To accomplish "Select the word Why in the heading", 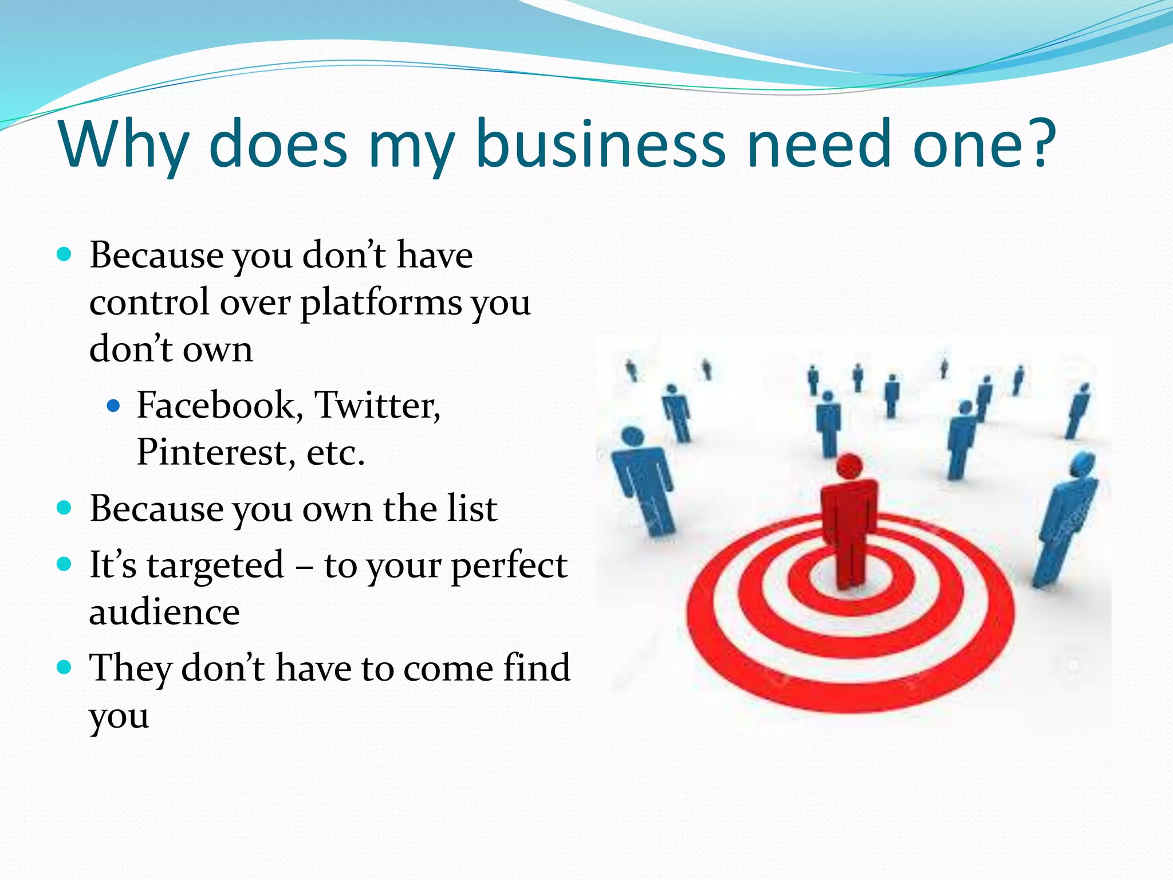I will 124,146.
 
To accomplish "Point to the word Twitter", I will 377,405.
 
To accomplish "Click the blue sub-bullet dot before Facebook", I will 113,406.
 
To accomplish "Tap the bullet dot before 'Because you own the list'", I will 65,508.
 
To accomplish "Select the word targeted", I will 215,566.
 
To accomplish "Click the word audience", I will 164,612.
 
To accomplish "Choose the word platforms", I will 381,304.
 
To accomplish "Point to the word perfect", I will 509,566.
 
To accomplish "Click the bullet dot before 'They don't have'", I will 65,667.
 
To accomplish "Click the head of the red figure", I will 849,466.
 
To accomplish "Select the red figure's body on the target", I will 848,527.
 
